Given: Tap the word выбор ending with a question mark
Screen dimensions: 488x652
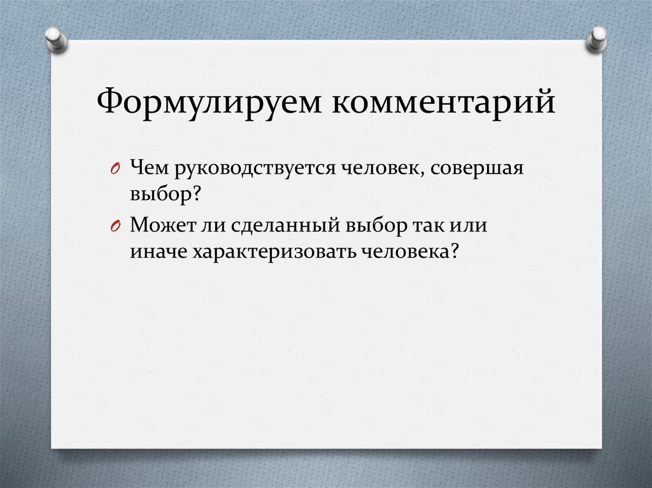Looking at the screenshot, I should point(165,194).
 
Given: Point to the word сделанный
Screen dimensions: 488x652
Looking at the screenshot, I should point(279,226).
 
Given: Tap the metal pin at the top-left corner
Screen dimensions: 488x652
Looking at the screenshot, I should point(56,39).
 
